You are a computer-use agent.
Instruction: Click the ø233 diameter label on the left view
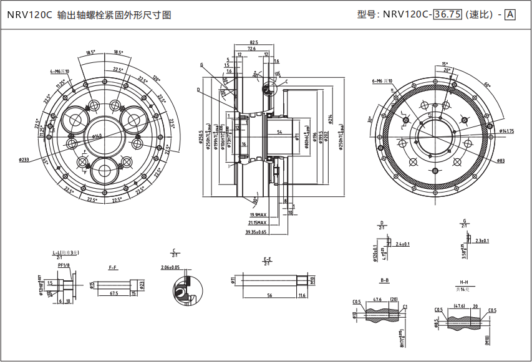tap(24, 160)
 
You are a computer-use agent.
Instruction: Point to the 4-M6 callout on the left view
tap(60, 72)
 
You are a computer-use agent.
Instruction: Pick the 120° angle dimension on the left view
tap(155, 79)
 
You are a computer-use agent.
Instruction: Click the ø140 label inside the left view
tap(97, 136)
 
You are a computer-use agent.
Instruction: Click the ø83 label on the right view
tap(501, 161)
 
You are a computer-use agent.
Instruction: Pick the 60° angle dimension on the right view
tap(486, 85)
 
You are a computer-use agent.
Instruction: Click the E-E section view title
tap(268, 259)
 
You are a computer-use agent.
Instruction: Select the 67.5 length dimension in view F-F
tap(114, 292)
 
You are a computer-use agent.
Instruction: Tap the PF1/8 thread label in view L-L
tap(63, 265)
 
